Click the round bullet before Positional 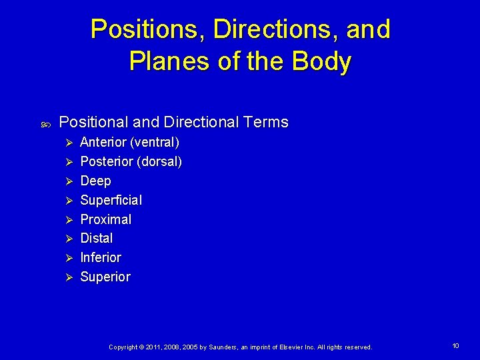[x=43, y=123]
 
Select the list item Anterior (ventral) [x=129, y=142]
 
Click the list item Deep [x=95, y=181]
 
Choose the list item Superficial [x=111, y=200]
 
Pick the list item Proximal [x=105, y=219]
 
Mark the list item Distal [x=96, y=238]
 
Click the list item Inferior [x=101, y=257]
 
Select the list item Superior [x=105, y=277]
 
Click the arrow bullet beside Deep [x=66, y=181]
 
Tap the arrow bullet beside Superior [x=66, y=277]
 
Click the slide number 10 [x=455, y=346]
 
